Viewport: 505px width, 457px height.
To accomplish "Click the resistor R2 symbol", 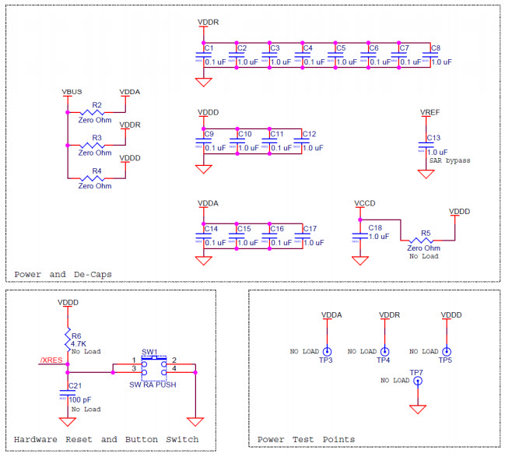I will pos(96,112).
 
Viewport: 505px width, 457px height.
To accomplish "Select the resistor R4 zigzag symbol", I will pos(96,178).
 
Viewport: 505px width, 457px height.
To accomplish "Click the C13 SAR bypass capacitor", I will pos(426,145).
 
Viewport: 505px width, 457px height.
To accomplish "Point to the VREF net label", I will pos(430,113).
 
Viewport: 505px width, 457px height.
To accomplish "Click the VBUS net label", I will pos(72,93).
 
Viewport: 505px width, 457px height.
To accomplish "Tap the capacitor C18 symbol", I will pos(359,234).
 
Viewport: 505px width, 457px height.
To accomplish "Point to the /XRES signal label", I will pos(51,360).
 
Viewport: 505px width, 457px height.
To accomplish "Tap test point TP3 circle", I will pos(327,352).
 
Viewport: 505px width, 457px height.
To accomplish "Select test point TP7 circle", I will pos(419,381).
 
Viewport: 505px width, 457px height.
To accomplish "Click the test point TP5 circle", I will pos(446,352).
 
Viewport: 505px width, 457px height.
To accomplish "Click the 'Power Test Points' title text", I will pos(306,440).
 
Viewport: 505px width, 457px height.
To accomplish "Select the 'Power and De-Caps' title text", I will pos(62,274).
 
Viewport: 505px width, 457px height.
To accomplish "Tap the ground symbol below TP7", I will pos(419,409).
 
